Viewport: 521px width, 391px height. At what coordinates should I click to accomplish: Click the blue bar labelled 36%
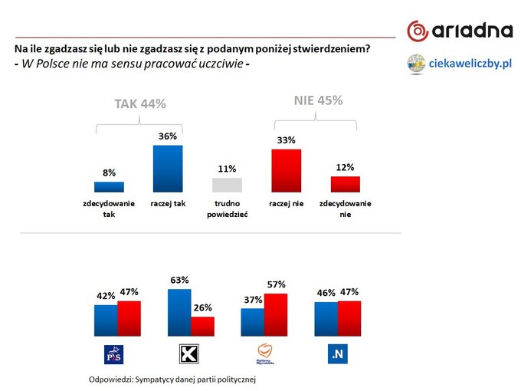pyautogui.click(x=168, y=168)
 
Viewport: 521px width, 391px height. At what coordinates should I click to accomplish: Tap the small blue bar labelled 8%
pyautogui.click(x=109, y=186)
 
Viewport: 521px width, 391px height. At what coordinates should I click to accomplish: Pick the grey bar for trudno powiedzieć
pyautogui.click(x=227, y=184)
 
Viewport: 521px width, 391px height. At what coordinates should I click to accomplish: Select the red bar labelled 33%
pyautogui.click(x=286, y=170)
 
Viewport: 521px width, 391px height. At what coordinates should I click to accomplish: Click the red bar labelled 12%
pyautogui.click(x=345, y=184)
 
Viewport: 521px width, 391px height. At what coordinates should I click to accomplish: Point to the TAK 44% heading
pyautogui.click(x=139, y=104)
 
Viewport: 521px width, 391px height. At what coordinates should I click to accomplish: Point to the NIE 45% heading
pyautogui.click(x=318, y=100)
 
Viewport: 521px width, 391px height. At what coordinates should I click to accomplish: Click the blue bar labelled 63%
pyautogui.click(x=179, y=312)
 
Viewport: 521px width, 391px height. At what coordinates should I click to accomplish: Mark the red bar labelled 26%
pyautogui.click(x=203, y=326)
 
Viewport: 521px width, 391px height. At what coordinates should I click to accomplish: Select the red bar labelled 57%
pyautogui.click(x=276, y=314)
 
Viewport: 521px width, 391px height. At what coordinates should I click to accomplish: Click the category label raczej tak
pyautogui.click(x=168, y=203)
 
